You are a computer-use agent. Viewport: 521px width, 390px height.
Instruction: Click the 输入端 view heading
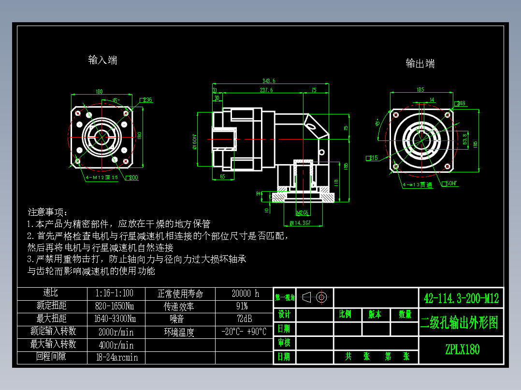[x=102, y=60]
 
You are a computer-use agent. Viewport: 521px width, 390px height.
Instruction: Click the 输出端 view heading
[x=420, y=63]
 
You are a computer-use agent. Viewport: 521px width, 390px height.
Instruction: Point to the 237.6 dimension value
[x=266, y=90]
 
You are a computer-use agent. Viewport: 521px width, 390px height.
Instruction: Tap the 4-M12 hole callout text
[x=101, y=177]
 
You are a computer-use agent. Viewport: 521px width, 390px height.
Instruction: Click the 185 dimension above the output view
[x=420, y=89]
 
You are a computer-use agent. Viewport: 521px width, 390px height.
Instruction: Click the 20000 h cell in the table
[x=245, y=293]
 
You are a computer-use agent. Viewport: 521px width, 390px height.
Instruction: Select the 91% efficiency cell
[x=242, y=306]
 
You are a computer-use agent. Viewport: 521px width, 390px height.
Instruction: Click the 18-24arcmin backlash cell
[x=116, y=358]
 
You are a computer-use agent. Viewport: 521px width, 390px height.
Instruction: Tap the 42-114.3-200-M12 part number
[x=461, y=298]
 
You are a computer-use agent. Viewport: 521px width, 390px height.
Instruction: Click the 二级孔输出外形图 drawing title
[x=459, y=323]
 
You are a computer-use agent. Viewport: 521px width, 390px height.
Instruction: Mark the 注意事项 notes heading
[x=48, y=212]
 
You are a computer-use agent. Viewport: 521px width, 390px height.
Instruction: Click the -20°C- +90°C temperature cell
[x=244, y=332]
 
